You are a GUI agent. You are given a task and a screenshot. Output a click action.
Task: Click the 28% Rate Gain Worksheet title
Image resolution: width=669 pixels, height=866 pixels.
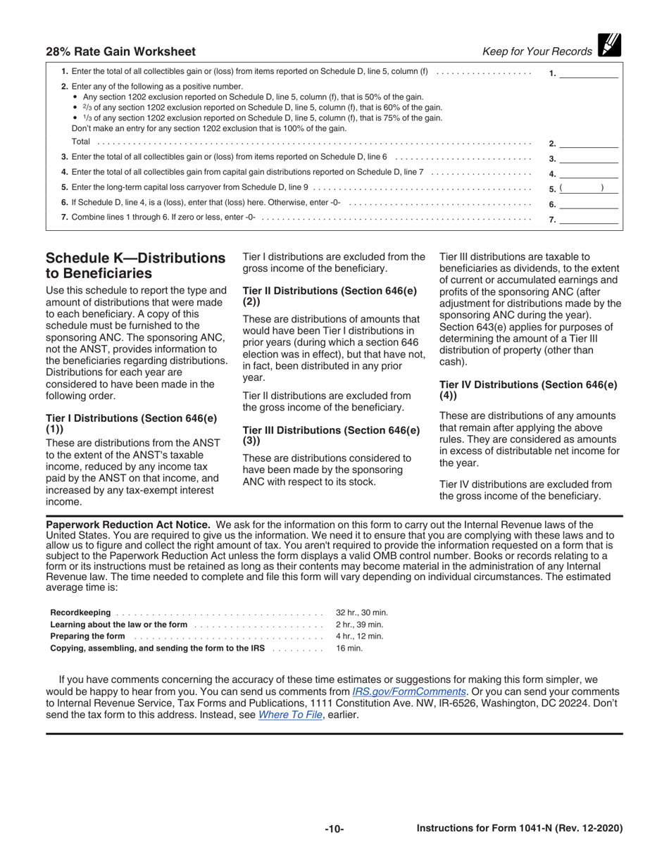pos(120,51)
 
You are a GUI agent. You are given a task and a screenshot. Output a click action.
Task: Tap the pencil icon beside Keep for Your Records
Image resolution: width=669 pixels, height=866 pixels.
pos(608,46)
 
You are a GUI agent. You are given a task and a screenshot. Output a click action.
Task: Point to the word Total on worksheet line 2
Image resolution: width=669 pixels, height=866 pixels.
pos(81,142)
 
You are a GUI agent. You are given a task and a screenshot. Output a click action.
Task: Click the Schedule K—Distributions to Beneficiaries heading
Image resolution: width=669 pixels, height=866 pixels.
pos(135,265)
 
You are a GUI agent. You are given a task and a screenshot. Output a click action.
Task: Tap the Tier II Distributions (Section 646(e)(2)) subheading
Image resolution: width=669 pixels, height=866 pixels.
pos(329,296)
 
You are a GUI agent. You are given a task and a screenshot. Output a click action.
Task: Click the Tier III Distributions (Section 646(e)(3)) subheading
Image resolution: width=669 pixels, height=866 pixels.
pos(330,435)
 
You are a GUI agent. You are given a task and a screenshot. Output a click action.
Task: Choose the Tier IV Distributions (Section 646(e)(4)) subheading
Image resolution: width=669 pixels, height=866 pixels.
pos(527,390)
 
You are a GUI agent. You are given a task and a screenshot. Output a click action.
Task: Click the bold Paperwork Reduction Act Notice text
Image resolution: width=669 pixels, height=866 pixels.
pos(127,525)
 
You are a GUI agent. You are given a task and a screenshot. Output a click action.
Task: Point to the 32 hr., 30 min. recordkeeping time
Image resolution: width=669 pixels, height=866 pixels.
pos(362,613)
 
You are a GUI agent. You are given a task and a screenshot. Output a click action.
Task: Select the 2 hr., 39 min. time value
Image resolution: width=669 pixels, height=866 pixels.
pos(359,625)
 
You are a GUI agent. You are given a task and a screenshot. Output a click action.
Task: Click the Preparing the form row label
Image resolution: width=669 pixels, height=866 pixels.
pos(88,636)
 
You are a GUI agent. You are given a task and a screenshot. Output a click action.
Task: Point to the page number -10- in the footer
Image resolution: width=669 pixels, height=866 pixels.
pos(334,829)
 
